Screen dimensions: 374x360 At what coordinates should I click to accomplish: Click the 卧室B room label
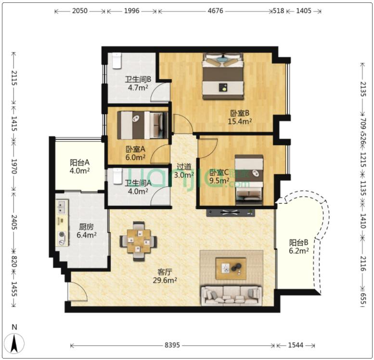pyautogui.click(x=240, y=113)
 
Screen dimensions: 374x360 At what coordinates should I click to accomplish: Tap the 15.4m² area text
pyautogui.click(x=240, y=121)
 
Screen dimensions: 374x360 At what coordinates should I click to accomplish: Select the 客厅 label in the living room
pyautogui.click(x=165, y=272)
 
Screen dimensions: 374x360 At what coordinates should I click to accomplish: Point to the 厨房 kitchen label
pyautogui.click(x=86, y=227)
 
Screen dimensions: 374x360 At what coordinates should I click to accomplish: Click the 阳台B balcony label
pyautogui.click(x=298, y=242)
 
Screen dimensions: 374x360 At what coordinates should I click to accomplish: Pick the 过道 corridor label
pyautogui.click(x=184, y=166)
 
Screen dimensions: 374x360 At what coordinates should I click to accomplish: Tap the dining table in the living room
pyautogui.click(x=139, y=241)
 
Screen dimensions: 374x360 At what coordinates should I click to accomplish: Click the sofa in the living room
pyautogui.click(x=232, y=295)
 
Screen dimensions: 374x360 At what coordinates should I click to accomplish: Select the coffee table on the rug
pyautogui.click(x=231, y=268)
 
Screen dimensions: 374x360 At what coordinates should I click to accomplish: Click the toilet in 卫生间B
pyautogui.click(x=117, y=61)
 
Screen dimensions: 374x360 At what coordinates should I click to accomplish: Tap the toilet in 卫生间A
pyautogui.click(x=117, y=176)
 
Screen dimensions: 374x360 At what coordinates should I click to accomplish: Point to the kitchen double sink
pyautogui.click(x=62, y=207)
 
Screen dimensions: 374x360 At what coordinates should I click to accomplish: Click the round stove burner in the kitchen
pyautogui.click(x=63, y=235)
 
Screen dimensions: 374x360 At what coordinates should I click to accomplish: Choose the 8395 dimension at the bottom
pyautogui.click(x=172, y=345)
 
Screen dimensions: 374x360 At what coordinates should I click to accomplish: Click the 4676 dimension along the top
pyautogui.click(x=215, y=11)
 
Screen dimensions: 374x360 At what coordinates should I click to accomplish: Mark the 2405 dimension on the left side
pyautogui.click(x=14, y=222)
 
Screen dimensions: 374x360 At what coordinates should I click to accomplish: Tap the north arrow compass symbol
pyautogui.click(x=14, y=343)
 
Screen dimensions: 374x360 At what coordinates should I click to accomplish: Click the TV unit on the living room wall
pyautogui.click(x=231, y=213)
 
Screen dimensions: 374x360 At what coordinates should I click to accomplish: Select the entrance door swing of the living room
pyautogui.click(x=77, y=292)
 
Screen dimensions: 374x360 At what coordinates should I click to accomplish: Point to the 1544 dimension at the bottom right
pyautogui.click(x=296, y=345)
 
